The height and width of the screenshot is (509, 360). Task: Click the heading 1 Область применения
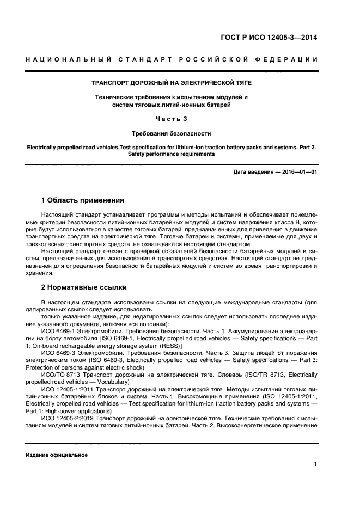pos(83,200)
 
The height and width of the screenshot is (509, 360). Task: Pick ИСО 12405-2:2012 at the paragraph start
pos(68,418)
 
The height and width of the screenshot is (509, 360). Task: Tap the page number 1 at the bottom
pos(315,464)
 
